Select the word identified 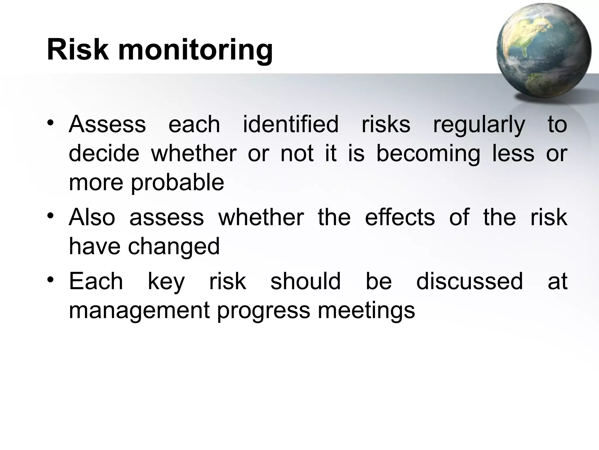pyautogui.click(x=290, y=124)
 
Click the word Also pyautogui.click(x=92, y=217)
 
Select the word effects pyautogui.click(x=400, y=217)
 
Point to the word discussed pyautogui.click(x=469, y=281)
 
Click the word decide pyautogui.click(x=104, y=154)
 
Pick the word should pyautogui.click(x=305, y=281)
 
